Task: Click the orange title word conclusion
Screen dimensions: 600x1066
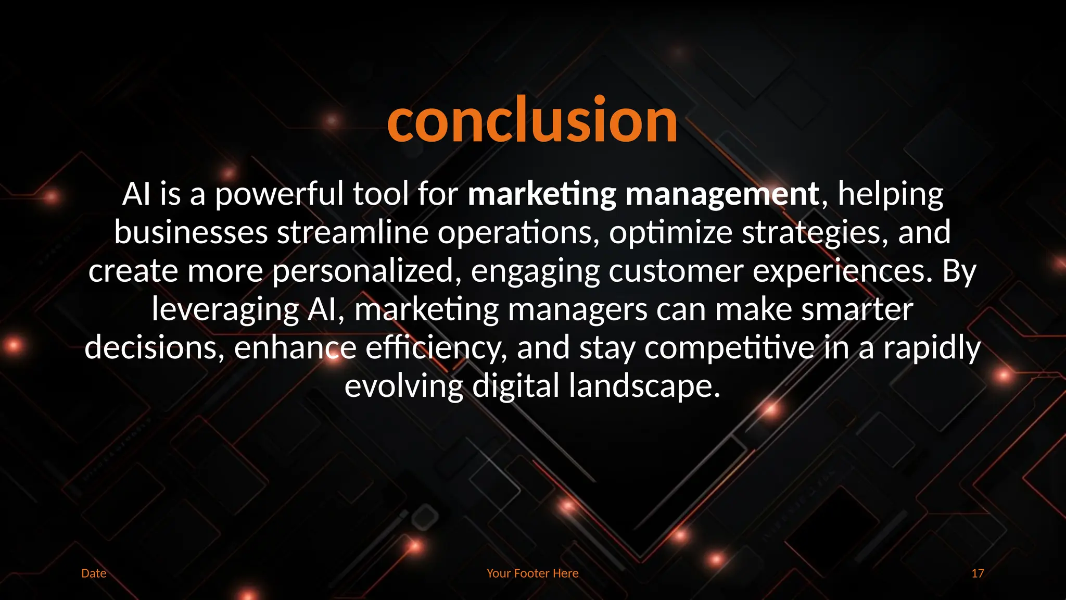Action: click(x=532, y=121)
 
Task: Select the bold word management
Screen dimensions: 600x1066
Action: click(x=722, y=194)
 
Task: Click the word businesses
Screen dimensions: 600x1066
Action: click(x=191, y=232)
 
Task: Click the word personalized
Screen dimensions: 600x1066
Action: click(x=367, y=271)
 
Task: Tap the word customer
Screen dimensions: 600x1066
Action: click(x=676, y=271)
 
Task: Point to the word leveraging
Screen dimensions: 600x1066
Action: click(x=225, y=309)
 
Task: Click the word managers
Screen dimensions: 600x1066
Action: click(x=577, y=309)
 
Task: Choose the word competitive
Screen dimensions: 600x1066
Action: click(x=729, y=348)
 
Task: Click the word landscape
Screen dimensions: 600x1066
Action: click(x=644, y=386)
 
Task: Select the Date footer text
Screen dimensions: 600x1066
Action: click(x=94, y=573)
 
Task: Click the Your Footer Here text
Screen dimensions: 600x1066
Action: click(x=532, y=573)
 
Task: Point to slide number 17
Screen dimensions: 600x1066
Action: click(x=978, y=573)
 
